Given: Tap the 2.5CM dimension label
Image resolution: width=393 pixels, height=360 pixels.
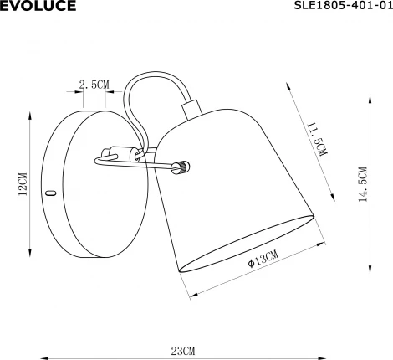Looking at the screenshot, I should coord(94,85).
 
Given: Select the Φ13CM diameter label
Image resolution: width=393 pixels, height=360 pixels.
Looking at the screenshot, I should coord(263,260).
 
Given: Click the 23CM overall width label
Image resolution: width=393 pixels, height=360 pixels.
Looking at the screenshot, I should coord(185,349).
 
